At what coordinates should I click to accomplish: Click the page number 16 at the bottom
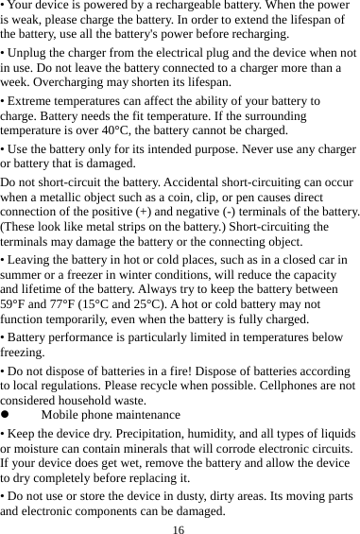pyautogui.click(x=178, y=527)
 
